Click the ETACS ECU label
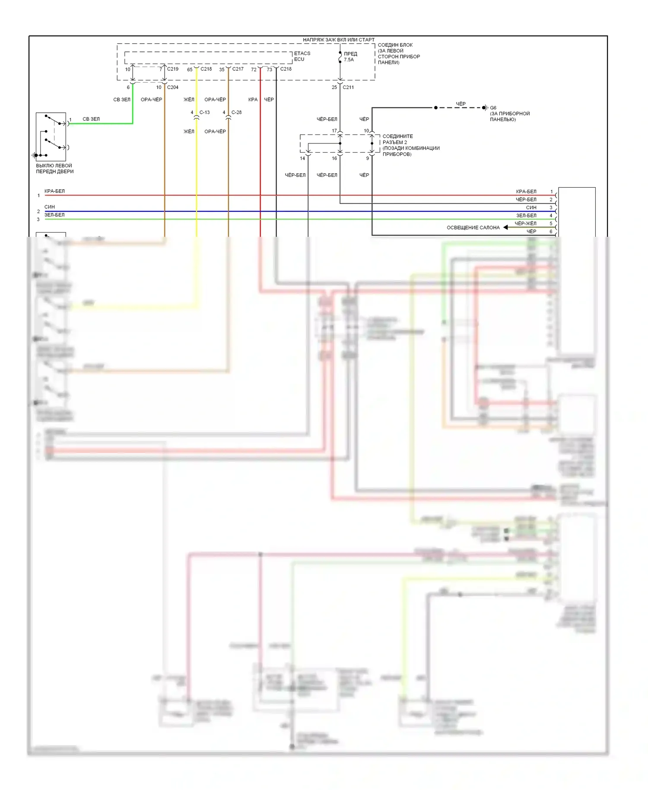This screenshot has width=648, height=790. tap(302, 56)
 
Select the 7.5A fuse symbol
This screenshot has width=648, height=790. tap(340, 57)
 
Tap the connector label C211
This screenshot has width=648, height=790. tap(348, 87)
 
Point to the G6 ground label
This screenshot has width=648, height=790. tap(493, 108)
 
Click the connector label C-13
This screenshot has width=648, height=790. tap(204, 112)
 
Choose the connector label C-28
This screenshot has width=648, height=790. tap(236, 112)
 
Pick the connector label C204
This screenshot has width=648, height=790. tap(173, 87)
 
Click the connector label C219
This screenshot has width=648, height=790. tap(173, 69)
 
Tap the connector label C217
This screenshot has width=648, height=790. tap(238, 69)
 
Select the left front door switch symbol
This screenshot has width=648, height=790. tap(51, 137)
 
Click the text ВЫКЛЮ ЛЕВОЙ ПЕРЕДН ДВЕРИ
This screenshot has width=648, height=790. tap(54, 169)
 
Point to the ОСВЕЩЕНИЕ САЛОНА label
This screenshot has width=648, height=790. tap(473, 228)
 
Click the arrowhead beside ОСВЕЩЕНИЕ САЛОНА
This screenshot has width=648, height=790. tap(505, 227)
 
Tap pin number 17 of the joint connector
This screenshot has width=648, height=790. tap(334, 131)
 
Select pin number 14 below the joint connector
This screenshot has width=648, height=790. tap(302, 158)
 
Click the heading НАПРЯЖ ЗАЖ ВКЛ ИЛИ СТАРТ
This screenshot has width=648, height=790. tap(339, 40)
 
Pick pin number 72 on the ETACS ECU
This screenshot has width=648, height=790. tap(254, 70)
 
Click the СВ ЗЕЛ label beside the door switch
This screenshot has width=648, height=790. tap(91, 119)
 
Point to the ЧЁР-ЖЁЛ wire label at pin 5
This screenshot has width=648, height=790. tap(525, 223)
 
